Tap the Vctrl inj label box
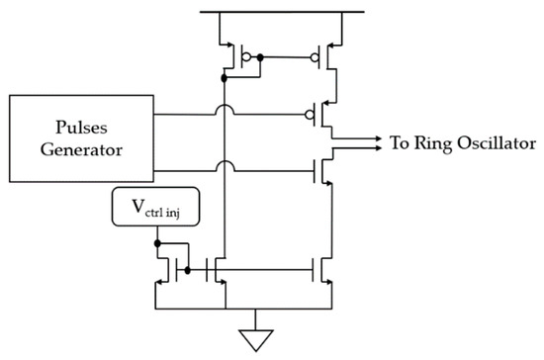[157, 210]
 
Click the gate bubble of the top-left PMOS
[240, 58]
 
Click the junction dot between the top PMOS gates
[260, 58]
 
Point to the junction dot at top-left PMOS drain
[225, 74]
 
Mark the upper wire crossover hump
[225, 111]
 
